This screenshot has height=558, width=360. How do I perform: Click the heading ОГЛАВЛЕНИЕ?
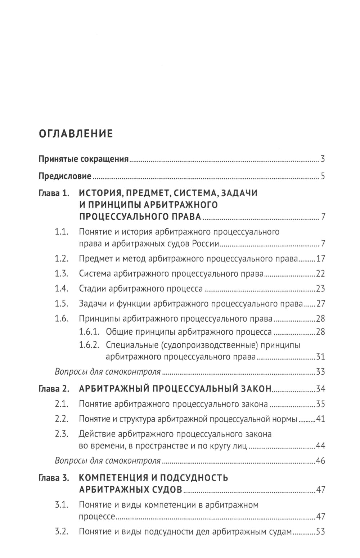pyautogui.click(x=76, y=134)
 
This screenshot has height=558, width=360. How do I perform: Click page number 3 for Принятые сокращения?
pyautogui.click(x=323, y=159)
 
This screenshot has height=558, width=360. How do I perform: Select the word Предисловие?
pyautogui.click(x=65, y=177)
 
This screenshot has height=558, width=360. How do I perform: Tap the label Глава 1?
pyautogui.click(x=54, y=193)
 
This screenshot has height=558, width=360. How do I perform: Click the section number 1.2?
pyautogui.click(x=62, y=259)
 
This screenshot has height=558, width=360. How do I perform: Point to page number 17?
pyautogui.click(x=320, y=259)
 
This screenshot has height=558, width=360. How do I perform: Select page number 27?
pyautogui.click(x=320, y=304)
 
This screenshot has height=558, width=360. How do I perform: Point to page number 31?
pyautogui.click(x=320, y=357)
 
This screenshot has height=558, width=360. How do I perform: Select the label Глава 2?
pyautogui.click(x=54, y=389)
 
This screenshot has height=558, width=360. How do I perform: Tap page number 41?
pyautogui.click(x=320, y=419)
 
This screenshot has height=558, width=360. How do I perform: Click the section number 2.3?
pyautogui.click(x=62, y=434)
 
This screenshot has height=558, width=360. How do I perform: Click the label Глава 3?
pyautogui.click(x=54, y=478)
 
